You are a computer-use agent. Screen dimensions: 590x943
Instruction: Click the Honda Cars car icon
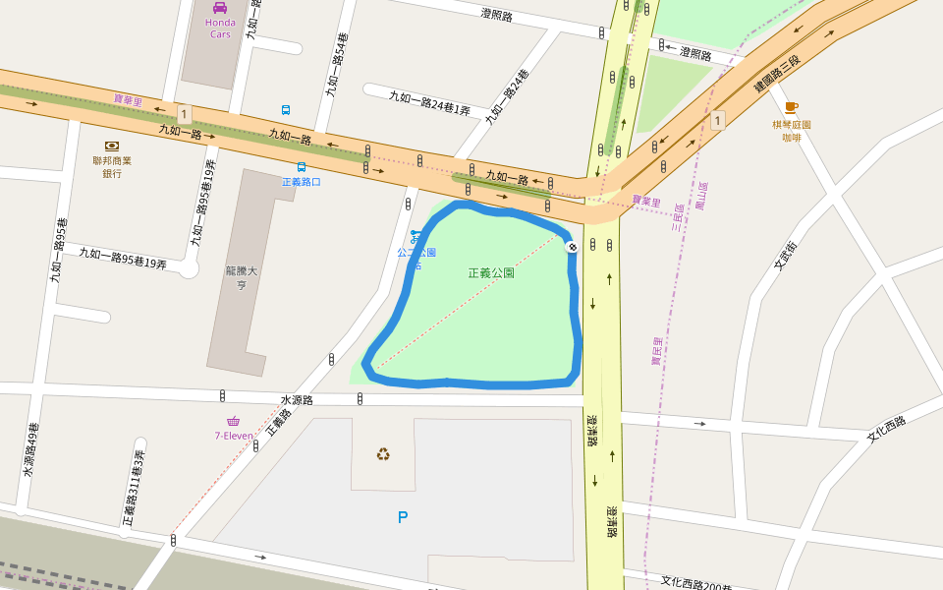(x=220, y=7)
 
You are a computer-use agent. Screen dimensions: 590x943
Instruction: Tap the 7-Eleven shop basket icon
(x=233, y=421)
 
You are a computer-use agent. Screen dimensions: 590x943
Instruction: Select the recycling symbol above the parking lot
(x=383, y=453)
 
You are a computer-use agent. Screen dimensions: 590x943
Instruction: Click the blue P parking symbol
(x=402, y=517)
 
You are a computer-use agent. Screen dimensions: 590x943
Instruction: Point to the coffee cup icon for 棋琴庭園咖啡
(x=791, y=108)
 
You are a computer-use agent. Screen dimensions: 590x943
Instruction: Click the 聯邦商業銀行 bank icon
(x=112, y=146)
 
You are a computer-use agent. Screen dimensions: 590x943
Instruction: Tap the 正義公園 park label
(x=491, y=272)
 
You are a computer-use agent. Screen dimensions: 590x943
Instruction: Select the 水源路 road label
(x=296, y=400)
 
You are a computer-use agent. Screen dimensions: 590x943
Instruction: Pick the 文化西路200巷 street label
(x=696, y=583)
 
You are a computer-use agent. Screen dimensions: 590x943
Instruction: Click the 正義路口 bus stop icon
(x=302, y=167)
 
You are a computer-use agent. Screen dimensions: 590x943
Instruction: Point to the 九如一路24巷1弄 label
(x=429, y=102)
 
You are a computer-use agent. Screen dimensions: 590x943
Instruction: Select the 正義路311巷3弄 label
(x=134, y=489)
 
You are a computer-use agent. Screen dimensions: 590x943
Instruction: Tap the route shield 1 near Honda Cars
(x=184, y=112)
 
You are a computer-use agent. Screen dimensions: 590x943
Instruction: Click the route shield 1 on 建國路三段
(x=718, y=120)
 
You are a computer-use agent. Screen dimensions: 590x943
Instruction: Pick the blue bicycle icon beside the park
(x=416, y=237)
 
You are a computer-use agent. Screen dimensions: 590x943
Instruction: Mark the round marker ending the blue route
(x=572, y=248)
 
